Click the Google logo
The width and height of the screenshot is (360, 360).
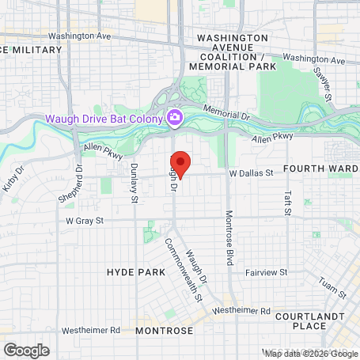[x=26, y=350]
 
